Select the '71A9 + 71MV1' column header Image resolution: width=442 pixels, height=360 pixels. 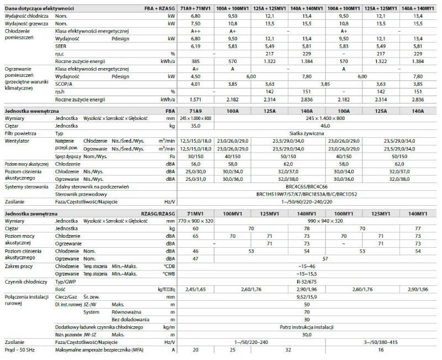(198, 9)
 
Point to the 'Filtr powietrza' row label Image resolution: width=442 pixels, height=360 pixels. (20, 134)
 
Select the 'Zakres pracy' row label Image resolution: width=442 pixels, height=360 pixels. (19, 267)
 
